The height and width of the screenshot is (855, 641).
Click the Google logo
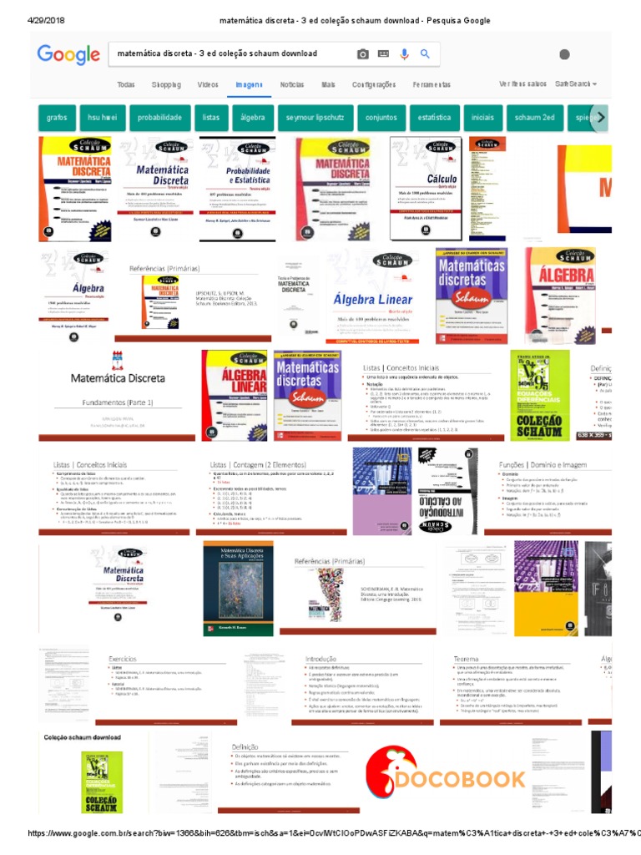pyautogui.click(x=68, y=55)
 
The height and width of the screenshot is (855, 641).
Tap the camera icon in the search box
pyautogui.click(x=362, y=54)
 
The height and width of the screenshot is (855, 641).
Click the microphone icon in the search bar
pyautogui.click(x=404, y=54)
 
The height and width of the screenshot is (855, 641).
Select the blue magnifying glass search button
pyautogui.click(x=425, y=54)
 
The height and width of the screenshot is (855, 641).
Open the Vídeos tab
pyautogui.click(x=208, y=84)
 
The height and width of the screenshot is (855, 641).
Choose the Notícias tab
pyautogui.click(x=292, y=84)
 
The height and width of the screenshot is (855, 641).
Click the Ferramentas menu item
pyautogui.click(x=432, y=84)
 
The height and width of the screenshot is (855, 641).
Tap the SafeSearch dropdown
pyautogui.click(x=576, y=84)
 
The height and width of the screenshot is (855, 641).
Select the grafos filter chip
pyautogui.click(x=57, y=118)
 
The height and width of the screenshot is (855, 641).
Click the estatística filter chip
pyautogui.click(x=434, y=118)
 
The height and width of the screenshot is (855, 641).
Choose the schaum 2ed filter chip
pyautogui.click(x=535, y=118)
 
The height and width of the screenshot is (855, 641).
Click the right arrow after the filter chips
pyautogui.click(x=600, y=118)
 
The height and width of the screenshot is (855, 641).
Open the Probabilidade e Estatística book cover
pyautogui.click(x=237, y=189)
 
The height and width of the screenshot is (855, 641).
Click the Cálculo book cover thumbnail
pyautogui.click(x=426, y=189)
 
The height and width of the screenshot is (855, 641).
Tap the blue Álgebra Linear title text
pyautogui.click(x=373, y=300)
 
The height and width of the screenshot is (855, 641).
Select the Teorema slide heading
pyautogui.click(x=466, y=659)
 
